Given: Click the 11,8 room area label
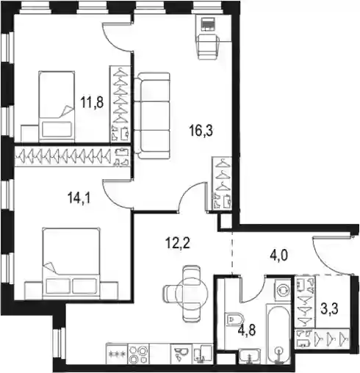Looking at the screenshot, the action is (92, 102).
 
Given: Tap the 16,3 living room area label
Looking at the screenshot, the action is (201, 130).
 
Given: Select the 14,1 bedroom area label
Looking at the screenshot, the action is (79, 198).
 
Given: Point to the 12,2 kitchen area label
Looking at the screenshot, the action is (178, 243).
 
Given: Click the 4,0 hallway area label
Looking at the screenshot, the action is (278, 256).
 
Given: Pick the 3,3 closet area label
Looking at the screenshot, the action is (330, 308).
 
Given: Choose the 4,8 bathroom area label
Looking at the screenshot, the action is (247, 330).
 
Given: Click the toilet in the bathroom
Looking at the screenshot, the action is (234, 319).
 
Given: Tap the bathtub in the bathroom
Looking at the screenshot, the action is (278, 334).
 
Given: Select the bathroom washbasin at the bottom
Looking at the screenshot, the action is (250, 356).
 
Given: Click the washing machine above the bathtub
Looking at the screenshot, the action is (283, 290).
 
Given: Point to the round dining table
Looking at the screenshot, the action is (192, 293).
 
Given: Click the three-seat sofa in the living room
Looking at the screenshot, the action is (152, 115).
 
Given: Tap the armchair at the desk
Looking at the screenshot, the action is (208, 46).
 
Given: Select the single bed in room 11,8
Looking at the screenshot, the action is (57, 106).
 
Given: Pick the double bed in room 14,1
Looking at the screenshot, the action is (71, 264).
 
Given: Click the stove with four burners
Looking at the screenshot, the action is (139, 354).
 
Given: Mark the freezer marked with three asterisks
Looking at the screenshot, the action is (117, 354).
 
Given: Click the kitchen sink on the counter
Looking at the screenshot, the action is (181, 354).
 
